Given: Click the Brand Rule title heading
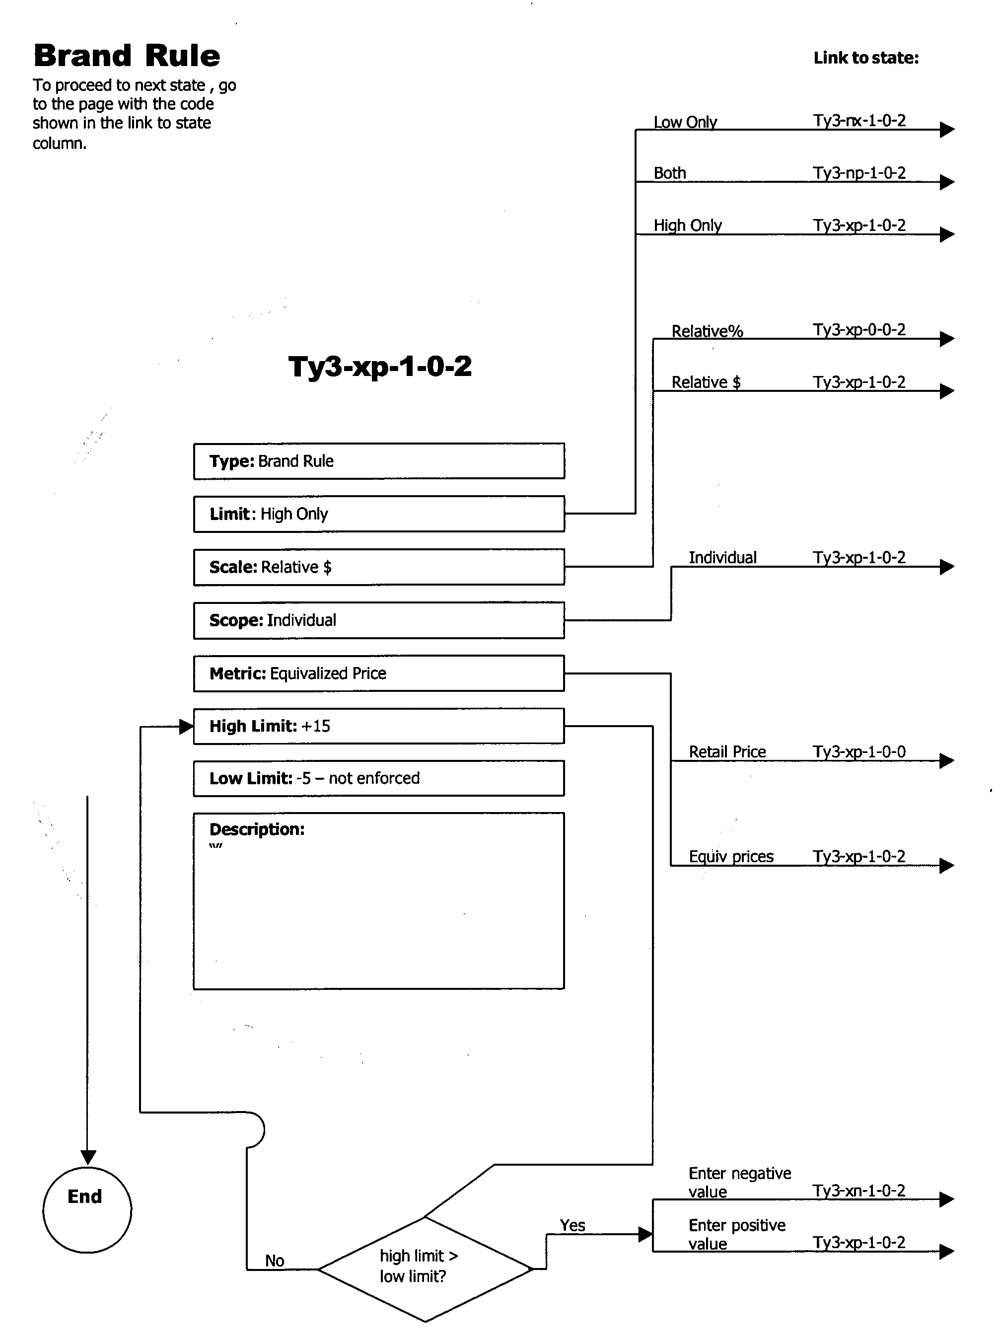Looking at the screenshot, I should click(x=127, y=56).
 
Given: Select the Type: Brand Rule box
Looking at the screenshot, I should click(x=379, y=461).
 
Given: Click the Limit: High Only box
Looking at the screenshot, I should click(x=379, y=514).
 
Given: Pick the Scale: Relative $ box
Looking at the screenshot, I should click(x=379, y=567).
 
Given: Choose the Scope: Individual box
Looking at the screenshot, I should click(x=379, y=620).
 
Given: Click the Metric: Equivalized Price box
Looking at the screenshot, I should click(x=379, y=673).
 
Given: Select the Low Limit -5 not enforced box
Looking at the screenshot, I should click(x=379, y=778).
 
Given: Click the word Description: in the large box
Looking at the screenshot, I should click(x=257, y=829).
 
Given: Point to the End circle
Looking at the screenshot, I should click(x=86, y=1209).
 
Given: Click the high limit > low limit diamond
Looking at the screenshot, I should click(x=425, y=1268).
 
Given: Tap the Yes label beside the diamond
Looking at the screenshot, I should click(x=572, y=1226).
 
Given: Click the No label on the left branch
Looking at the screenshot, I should click(x=274, y=1261).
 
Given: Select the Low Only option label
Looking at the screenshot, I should click(x=685, y=122).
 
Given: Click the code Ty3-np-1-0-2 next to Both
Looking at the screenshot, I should click(x=859, y=173).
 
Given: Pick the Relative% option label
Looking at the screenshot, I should click(x=707, y=331).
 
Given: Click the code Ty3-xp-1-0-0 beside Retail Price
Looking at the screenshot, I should click(x=859, y=752).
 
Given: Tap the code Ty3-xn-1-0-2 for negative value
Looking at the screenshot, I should click(x=859, y=1191).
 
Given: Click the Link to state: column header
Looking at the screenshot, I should click(x=865, y=58).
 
